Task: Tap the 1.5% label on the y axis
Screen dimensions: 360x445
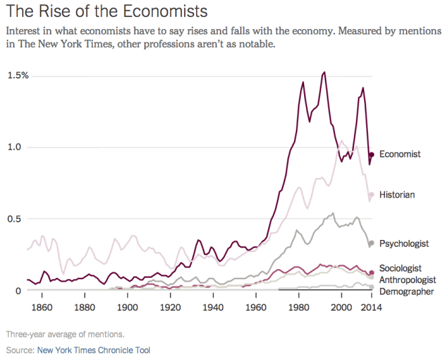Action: coord(18,75)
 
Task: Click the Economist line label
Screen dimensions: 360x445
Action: coord(400,154)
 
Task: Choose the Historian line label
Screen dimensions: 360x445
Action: coord(396,195)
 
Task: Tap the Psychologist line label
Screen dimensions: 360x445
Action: coord(404,243)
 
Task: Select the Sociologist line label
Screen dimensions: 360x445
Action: coord(400,268)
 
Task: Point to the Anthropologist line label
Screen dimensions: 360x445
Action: coord(407,280)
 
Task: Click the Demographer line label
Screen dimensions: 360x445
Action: coord(406,291)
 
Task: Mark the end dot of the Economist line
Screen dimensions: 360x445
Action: coord(371,155)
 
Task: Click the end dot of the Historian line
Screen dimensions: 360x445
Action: coord(371,195)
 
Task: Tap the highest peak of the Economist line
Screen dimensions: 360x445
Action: coord(325,72)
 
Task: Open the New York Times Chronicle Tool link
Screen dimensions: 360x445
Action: coord(94,350)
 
